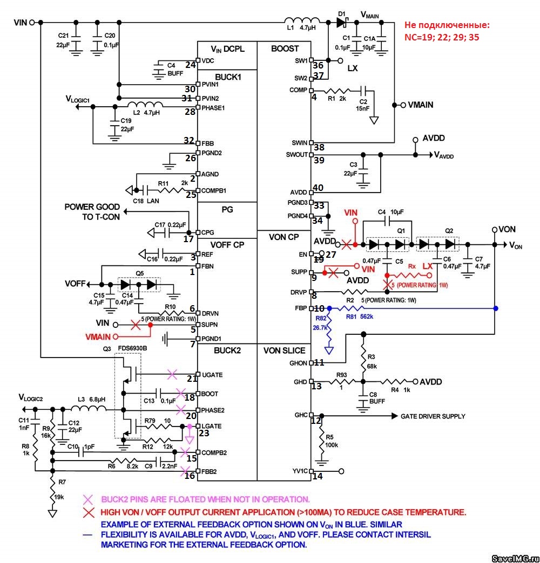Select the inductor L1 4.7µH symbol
tap(302, 22)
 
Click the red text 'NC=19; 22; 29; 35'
tap(442, 38)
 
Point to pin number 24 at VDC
tap(190, 65)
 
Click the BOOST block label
tap(285, 49)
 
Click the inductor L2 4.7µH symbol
tap(145, 105)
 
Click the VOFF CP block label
tap(227, 244)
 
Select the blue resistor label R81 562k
tap(360, 317)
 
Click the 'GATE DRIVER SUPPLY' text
tap(433, 416)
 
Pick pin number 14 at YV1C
tap(318, 476)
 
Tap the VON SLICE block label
tap(285, 351)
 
